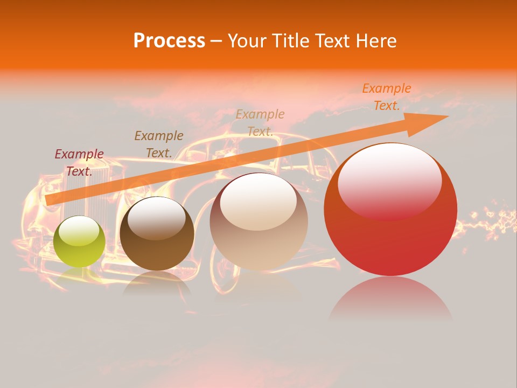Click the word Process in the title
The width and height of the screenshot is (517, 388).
pyautogui.click(x=169, y=41)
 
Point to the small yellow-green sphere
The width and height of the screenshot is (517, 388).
pyautogui.click(x=80, y=242)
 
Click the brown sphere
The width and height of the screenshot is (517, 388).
pyautogui.click(x=157, y=234)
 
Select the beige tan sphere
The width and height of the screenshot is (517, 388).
pyautogui.click(x=258, y=222)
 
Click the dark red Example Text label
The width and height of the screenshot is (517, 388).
pyautogui.click(x=79, y=162)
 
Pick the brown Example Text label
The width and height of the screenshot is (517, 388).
pyautogui.click(x=159, y=144)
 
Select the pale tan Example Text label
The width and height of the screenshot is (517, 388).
pyautogui.click(x=260, y=122)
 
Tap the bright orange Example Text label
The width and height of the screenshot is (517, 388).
pyautogui.click(x=387, y=97)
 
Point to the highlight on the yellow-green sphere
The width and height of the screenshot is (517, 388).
pyautogui.click(x=79, y=230)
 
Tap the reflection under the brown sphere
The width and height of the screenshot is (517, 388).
pyautogui.click(x=157, y=283)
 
